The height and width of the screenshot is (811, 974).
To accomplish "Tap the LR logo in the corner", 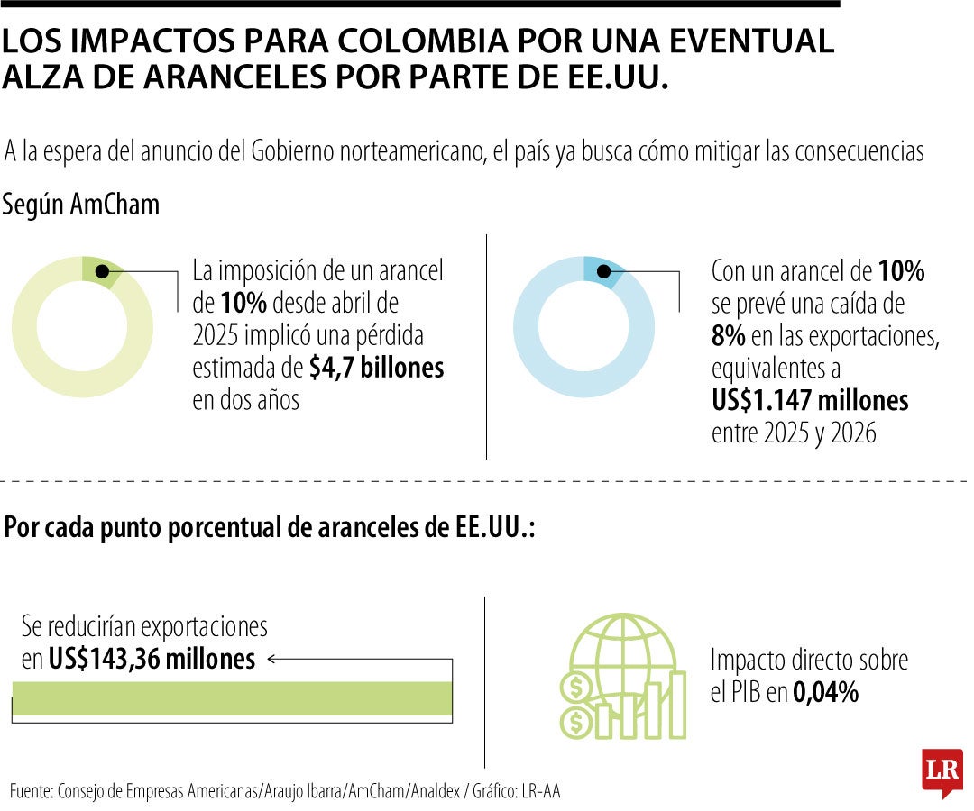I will [942, 772].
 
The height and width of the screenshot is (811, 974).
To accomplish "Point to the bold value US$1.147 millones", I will [810, 400].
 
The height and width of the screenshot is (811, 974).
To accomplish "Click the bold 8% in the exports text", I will [728, 336].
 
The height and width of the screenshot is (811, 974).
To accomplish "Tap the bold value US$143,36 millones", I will [152, 660].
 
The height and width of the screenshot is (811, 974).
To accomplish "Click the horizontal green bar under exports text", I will [232, 699].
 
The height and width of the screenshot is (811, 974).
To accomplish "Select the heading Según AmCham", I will [80, 205].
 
